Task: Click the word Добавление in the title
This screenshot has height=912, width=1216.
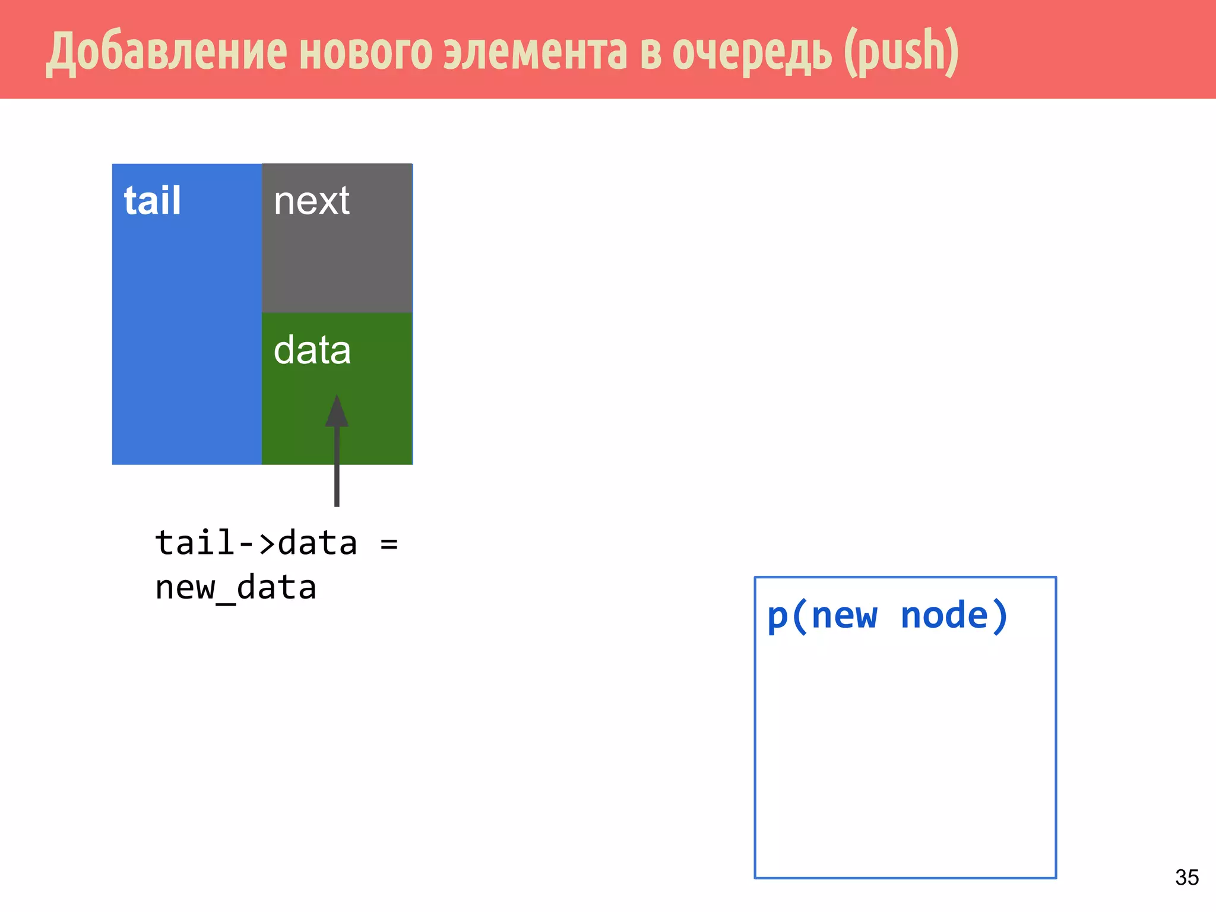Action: pos(166,52)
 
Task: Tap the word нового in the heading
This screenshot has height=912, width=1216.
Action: pos(366,52)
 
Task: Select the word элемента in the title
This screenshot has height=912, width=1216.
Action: pos(536,52)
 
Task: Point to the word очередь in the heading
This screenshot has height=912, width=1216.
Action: pos(751,52)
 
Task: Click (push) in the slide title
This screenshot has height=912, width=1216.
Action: pos(901,52)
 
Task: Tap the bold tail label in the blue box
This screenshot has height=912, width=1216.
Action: pos(152,201)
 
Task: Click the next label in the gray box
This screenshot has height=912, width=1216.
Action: pos(312,201)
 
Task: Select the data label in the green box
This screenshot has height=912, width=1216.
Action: pos(312,350)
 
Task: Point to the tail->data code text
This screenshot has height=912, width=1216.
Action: pos(256,543)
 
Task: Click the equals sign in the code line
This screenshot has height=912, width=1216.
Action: pos(389,543)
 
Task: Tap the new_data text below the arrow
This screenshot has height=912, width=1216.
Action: pos(236,588)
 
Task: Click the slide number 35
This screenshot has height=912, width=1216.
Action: pos(1186,877)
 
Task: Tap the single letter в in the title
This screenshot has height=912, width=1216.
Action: pos(650,52)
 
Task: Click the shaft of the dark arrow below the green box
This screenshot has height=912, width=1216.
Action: pos(337,475)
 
